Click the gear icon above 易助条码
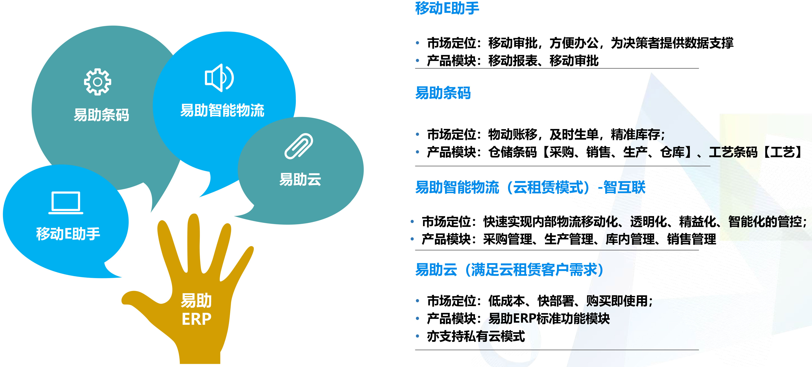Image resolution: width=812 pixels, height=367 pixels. (97, 82)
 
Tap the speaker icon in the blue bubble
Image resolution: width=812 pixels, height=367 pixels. (219, 78)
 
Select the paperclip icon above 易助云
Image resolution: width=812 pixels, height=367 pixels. (299, 146)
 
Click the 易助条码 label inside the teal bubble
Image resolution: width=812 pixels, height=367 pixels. (101, 115)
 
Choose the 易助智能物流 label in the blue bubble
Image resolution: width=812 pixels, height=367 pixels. (222, 110)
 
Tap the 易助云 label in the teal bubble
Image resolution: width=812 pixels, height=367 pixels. (300, 179)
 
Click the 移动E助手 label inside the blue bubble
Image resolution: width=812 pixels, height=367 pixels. (68, 234)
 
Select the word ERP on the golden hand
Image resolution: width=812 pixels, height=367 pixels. (196, 319)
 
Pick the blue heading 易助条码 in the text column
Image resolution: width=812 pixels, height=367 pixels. (443, 93)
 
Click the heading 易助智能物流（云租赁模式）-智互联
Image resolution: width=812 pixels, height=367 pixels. (530, 187)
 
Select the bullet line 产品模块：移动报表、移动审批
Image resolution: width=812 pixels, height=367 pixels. (513, 61)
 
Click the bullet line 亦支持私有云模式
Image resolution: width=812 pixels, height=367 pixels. (476, 336)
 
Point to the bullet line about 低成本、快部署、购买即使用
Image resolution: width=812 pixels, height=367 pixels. (540, 301)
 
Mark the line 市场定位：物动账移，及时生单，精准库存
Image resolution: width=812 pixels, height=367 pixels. (546, 135)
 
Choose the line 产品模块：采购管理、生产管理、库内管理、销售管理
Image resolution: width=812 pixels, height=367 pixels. (569, 239)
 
